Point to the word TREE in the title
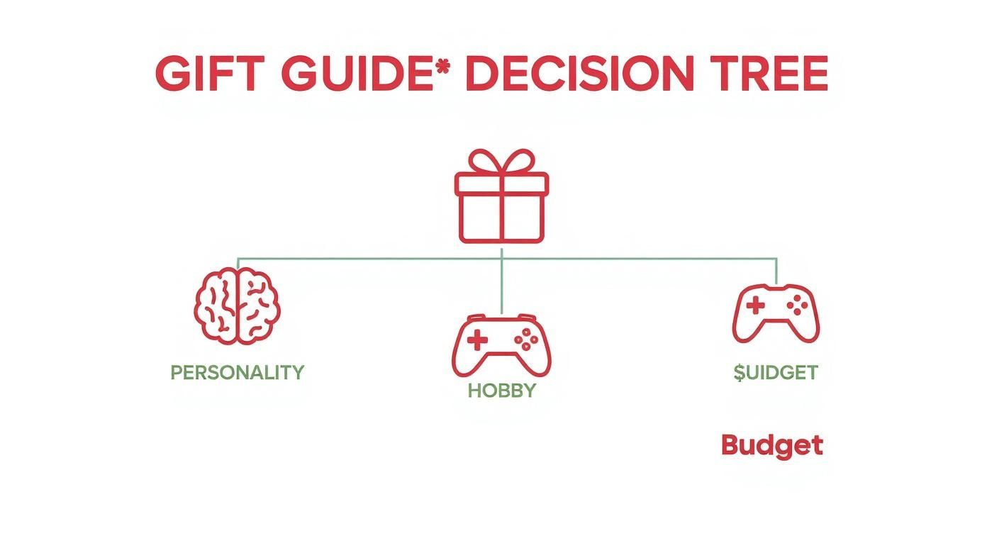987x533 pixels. click(766, 73)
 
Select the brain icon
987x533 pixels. click(238, 308)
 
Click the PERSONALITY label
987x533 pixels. click(238, 372)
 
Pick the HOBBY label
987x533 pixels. click(501, 390)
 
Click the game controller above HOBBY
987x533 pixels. click(501, 345)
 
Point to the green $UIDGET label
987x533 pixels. click(776, 372)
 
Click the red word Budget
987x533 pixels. click(771, 445)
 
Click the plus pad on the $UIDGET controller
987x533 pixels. click(756, 307)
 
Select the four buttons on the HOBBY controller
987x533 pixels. click(526, 341)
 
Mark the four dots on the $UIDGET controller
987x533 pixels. click(798, 306)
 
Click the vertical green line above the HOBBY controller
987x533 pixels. click(501, 284)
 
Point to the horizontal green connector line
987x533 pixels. click(369, 258)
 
